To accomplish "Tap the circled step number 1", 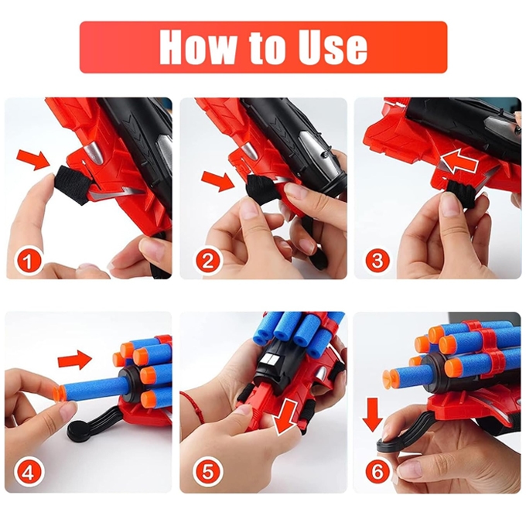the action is click(28, 261).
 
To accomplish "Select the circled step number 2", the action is click(208, 261).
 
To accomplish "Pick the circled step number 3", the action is click(377, 261).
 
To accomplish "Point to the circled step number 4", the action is click(28, 473).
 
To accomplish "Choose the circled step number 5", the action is click(208, 473).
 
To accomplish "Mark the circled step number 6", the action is click(377, 473).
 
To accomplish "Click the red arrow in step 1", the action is click(33, 159).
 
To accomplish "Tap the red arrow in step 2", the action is click(218, 181).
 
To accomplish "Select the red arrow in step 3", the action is click(459, 162).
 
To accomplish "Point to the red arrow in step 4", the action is click(74, 360).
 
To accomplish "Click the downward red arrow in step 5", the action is click(285, 416).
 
